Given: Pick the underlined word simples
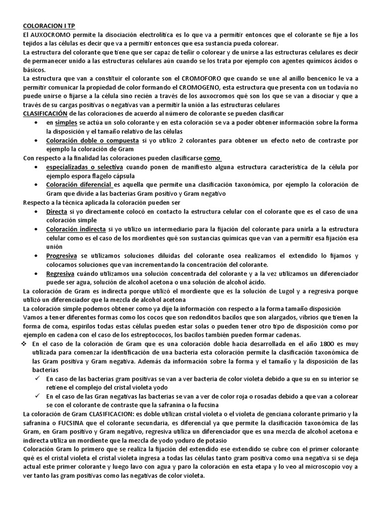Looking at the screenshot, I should (66, 123).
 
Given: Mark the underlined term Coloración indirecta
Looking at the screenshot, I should (76, 229).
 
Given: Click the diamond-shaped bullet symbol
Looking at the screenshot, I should (25, 344).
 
